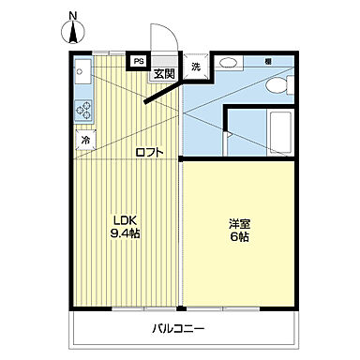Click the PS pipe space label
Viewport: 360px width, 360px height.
139,63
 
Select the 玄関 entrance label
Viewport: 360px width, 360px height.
164,74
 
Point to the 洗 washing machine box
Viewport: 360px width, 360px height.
197,67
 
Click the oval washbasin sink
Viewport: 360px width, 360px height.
229,65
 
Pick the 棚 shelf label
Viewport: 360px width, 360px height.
268,62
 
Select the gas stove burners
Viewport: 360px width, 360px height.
82,110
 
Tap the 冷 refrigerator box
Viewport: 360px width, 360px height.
84,141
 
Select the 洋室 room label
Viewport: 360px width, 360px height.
239,224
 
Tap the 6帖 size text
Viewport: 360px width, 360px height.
239,238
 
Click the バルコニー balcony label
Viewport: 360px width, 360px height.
178,329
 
